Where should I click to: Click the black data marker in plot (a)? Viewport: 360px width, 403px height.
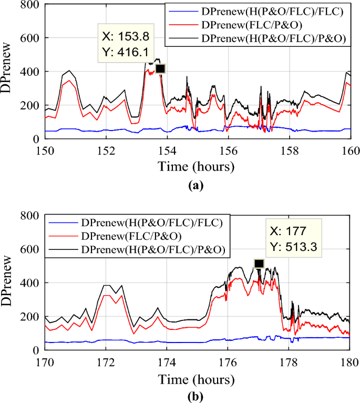click(x=160, y=69)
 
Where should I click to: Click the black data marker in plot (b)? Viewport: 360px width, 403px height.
click(x=259, y=264)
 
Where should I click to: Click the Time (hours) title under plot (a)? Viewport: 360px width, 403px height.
click(x=197, y=167)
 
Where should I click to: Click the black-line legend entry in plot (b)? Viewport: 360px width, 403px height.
click(x=153, y=253)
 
